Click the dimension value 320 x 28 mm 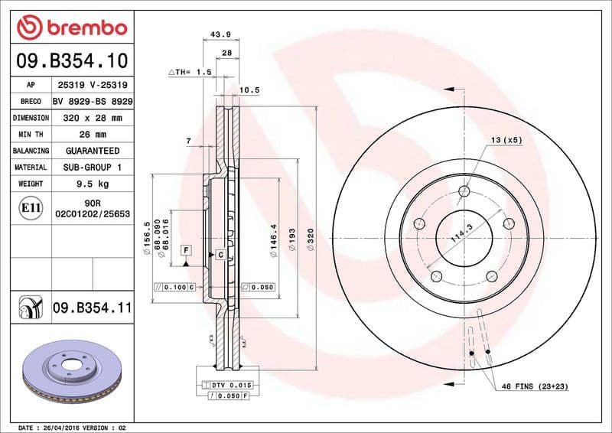(x=93, y=119)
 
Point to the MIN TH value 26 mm (x=93, y=135)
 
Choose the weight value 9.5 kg (x=93, y=184)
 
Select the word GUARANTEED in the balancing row (x=93, y=151)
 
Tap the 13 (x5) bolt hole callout (x=506, y=140)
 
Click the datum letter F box (x=185, y=251)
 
